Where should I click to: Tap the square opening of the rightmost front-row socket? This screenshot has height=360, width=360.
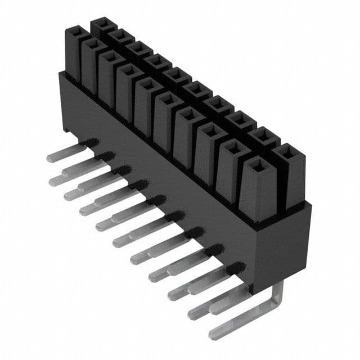[257, 165]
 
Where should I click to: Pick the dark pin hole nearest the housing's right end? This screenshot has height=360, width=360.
[236, 268]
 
